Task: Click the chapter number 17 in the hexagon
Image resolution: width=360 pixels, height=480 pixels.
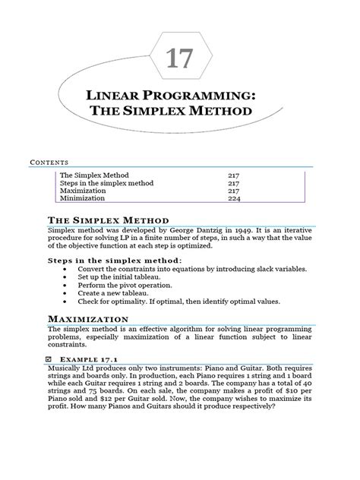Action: click(x=181, y=59)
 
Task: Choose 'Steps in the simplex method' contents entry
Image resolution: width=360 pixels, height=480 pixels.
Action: click(x=106, y=183)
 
